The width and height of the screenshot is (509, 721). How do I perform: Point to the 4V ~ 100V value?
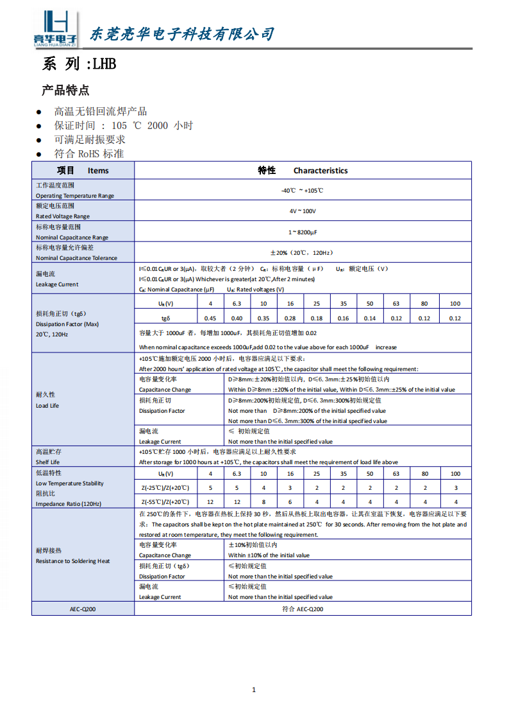point(303,211)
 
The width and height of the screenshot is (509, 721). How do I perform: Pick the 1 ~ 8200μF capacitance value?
point(303,232)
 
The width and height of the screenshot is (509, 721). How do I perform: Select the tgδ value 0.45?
point(210,318)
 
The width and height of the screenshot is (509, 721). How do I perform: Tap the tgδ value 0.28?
point(290,318)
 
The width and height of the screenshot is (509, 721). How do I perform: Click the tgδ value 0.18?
point(317,318)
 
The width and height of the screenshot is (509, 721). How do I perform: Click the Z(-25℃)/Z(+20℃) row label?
point(165,489)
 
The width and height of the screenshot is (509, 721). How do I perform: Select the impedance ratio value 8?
point(263,502)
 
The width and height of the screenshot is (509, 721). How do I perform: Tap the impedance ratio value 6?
point(290,502)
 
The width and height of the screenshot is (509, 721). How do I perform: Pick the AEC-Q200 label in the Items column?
point(83,609)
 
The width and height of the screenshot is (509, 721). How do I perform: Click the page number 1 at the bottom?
point(254,690)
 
